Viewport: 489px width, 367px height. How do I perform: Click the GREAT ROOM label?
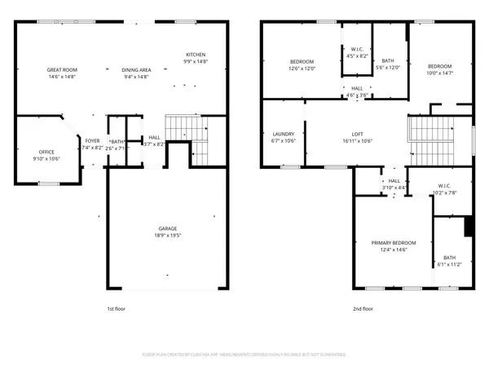(61, 70)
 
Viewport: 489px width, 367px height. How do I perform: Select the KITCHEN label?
(195, 55)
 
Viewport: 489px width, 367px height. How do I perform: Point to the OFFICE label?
(46, 153)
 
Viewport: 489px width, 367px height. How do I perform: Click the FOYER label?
(93, 141)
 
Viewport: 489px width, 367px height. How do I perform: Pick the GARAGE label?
(167, 228)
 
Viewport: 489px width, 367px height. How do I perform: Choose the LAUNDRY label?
(281, 134)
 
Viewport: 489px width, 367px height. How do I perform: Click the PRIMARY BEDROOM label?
(394, 243)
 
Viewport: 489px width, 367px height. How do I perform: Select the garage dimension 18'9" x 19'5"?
(167, 236)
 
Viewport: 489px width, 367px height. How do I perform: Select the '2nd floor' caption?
(363, 309)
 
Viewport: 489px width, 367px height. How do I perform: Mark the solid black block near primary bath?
(469, 226)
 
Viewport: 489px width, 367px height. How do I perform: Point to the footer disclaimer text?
(244, 355)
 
